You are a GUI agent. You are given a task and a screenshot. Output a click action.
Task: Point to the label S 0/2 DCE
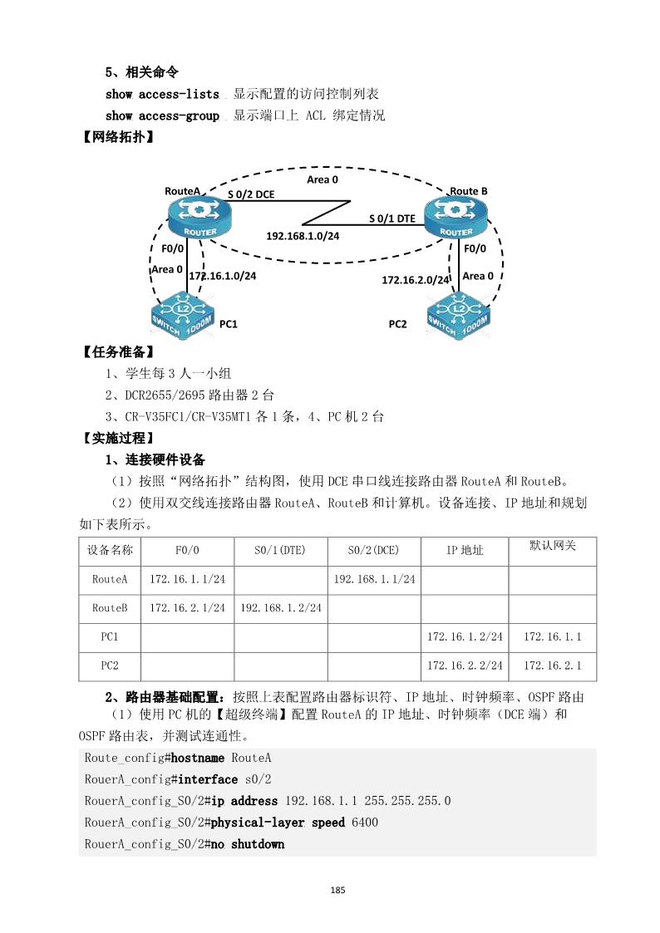251,194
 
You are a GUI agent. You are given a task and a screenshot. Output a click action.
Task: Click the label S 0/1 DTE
392,219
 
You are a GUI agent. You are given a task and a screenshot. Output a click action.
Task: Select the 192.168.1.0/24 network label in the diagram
303,236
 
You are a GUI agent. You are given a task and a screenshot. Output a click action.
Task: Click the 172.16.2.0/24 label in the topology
415,281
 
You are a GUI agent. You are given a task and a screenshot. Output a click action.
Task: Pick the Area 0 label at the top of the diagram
323,179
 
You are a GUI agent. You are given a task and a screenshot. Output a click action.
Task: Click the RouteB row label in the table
110,608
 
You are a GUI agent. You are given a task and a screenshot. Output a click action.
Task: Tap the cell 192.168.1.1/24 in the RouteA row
374,579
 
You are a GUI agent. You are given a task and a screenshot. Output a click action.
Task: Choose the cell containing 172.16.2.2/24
464,665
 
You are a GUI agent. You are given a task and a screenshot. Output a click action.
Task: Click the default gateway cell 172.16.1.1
552,636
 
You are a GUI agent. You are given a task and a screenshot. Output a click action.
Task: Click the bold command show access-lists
162,95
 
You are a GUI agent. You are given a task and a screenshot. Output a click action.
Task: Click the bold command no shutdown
247,844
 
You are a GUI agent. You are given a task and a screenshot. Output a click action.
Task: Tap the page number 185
337,890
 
